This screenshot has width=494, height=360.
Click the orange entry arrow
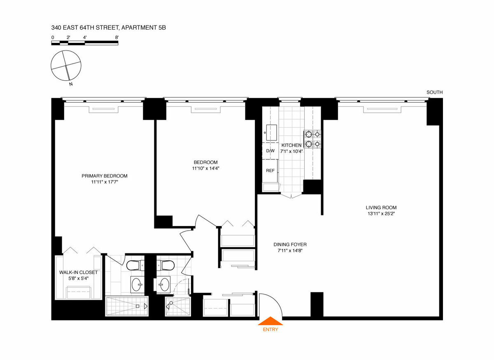pyautogui.click(x=270, y=321)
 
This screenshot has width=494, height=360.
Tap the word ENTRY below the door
pyautogui.click(x=270, y=330)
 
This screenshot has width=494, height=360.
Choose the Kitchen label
pyautogui.click(x=291, y=145)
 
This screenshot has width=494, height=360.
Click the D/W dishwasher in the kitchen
pyautogui.click(x=270, y=151)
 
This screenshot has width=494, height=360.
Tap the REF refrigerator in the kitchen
pyautogui.click(x=270, y=171)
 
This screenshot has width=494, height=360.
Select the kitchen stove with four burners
pyautogui.click(x=312, y=139)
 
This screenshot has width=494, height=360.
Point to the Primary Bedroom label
pyautogui.click(x=105, y=176)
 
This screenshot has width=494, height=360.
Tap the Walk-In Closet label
pyautogui.click(x=78, y=272)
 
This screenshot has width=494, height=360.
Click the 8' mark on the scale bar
pyautogui.click(x=117, y=37)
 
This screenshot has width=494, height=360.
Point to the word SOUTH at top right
pyautogui.click(x=435, y=93)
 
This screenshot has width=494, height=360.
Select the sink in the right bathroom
pyautogui.click(x=165, y=284)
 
